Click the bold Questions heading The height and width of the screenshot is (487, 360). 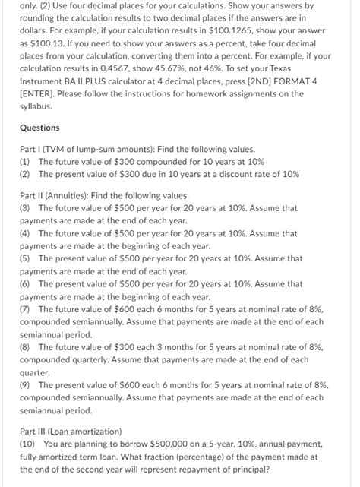39,128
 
